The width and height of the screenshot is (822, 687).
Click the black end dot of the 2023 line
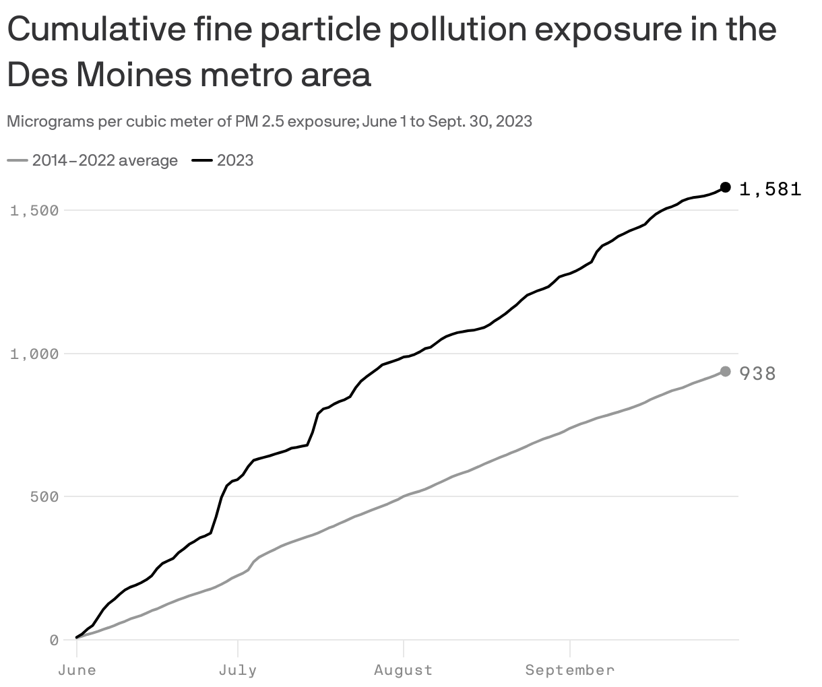click(x=726, y=187)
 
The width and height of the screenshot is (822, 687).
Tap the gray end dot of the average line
click(x=726, y=372)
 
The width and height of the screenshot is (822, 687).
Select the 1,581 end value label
click(x=770, y=189)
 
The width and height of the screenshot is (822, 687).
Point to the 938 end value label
click(x=758, y=374)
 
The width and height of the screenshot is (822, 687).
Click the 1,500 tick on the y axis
click(x=34, y=210)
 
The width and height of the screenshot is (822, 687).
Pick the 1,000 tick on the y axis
click(x=34, y=354)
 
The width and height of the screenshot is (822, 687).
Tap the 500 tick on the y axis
click(x=44, y=496)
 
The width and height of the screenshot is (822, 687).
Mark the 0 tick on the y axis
click(x=54, y=640)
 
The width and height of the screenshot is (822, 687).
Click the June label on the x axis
click(x=77, y=670)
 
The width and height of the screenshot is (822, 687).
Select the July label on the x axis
click(x=238, y=670)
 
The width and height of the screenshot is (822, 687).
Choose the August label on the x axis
click(x=403, y=670)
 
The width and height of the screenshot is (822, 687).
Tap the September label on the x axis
click(x=570, y=670)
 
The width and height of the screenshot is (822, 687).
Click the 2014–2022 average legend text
click(x=105, y=160)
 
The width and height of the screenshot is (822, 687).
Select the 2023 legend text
click(x=235, y=160)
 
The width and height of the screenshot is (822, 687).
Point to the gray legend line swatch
click(x=18, y=160)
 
